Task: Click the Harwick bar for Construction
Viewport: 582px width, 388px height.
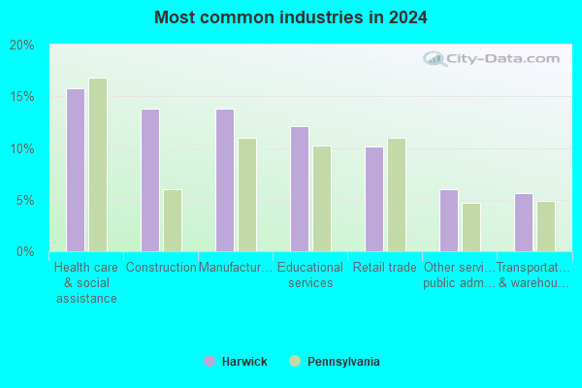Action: pos(150,180)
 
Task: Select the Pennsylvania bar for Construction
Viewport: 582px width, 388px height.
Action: pos(173,221)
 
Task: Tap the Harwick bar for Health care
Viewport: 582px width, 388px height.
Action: pos(76,171)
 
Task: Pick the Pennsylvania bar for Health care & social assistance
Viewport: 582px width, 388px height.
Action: pos(98,165)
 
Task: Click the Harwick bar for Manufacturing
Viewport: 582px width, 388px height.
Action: pos(225,180)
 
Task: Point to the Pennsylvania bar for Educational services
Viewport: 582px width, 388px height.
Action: pos(322,199)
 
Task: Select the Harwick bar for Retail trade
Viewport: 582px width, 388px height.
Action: pos(374,200)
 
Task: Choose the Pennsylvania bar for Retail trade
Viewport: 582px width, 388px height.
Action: pos(397,195)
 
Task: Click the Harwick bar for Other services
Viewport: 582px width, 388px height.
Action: pos(449,221)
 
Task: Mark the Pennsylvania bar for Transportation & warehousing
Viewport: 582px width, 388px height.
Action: pos(546,226)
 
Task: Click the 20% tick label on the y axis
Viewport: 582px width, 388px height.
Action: pos(22,46)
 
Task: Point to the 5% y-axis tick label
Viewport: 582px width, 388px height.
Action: pos(25,201)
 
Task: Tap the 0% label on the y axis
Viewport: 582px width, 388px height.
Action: pos(25,252)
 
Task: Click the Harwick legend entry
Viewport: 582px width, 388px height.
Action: pos(236,361)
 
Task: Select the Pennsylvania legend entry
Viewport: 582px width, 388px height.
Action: pos(335,361)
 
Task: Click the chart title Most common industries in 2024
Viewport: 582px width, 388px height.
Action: pos(291,17)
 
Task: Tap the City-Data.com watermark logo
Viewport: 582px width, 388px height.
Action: pos(491,58)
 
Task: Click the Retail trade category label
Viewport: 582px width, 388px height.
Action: pos(384,268)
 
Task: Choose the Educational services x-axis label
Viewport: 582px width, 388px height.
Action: pos(310,275)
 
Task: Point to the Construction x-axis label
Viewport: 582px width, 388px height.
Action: pos(161,268)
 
